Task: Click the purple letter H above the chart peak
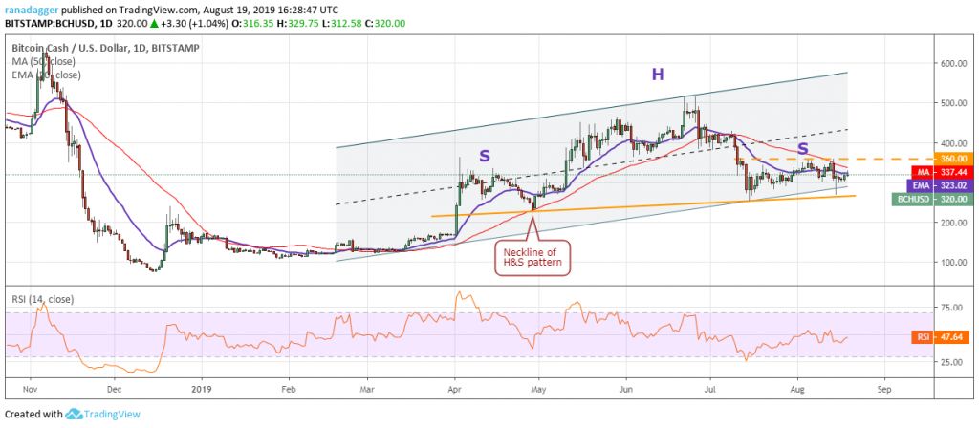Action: click(658, 73)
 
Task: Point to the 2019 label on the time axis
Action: click(202, 389)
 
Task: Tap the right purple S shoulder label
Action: click(802, 149)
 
